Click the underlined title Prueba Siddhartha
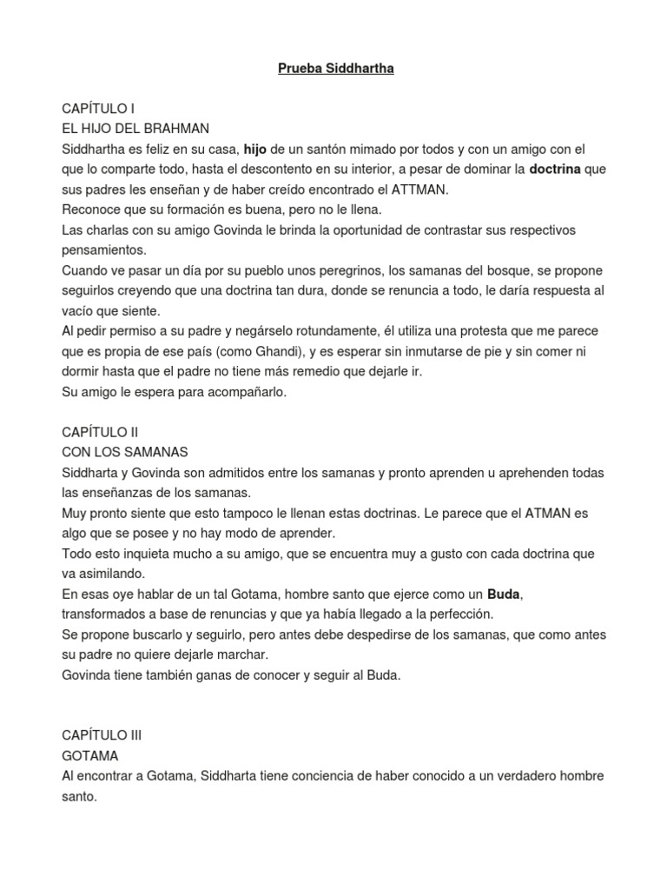(335, 69)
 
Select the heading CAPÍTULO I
(98, 109)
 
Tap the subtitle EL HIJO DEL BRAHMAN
(135, 129)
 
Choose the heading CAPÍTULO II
(100, 432)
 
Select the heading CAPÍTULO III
(102, 734)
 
